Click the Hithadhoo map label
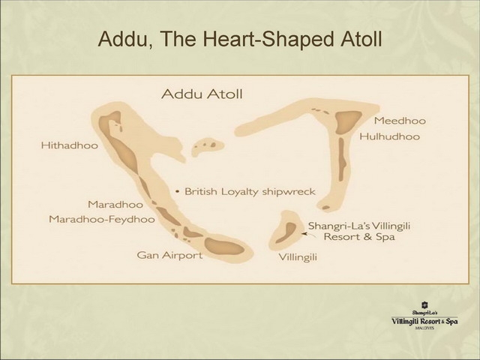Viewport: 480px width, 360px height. coord(70,145)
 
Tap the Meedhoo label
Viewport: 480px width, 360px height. coord(400,121)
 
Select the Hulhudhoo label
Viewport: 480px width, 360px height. coord(389,136)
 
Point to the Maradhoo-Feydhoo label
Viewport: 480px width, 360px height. coord(102,219)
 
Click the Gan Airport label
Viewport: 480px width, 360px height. coord(169,255)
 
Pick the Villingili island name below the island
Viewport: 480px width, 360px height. coord(298,257)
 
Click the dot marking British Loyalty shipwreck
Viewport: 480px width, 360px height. coord(177,192)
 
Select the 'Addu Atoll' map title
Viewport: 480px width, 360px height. coord(202,94)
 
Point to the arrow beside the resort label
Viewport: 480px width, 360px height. coord(309,235)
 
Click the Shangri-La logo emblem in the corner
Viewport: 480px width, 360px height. coord(424,305)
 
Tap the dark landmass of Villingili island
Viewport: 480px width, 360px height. coord(286,232)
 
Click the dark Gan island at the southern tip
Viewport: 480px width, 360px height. coord(223,246)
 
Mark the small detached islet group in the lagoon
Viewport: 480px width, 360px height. coord(208,147)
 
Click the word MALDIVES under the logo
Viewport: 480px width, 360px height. coord(424,328)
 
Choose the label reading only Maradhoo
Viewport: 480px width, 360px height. coord(115,204)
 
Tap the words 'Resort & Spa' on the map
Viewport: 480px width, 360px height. coord(359,237)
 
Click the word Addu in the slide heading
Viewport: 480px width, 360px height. coord(122,39)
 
